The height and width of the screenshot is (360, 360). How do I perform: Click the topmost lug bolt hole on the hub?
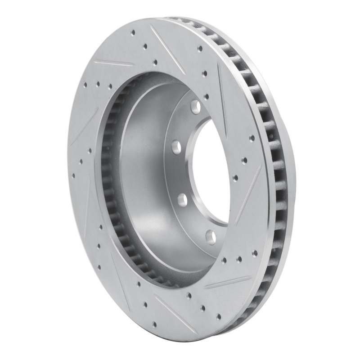coord(195,106)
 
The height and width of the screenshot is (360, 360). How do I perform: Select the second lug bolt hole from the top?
coord(176,146)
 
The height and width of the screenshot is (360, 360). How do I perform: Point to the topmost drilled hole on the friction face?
coord(133,32)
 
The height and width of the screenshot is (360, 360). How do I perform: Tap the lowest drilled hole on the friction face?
coord(155,323)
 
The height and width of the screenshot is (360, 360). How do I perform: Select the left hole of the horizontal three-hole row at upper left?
coord(85,83)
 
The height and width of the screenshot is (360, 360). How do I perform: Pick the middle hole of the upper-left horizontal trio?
coord(98,84)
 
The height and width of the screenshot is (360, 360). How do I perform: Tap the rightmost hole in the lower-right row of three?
coord(255,253)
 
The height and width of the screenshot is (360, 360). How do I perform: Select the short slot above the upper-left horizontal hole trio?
coord(112,63)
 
